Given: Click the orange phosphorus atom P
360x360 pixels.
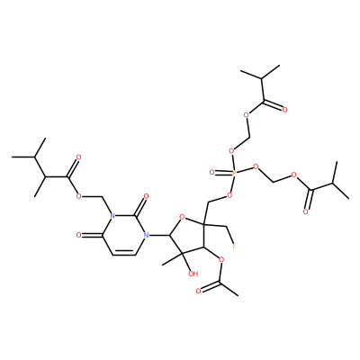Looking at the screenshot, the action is click(234, 173).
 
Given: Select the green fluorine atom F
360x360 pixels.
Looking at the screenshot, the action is click(235, 247).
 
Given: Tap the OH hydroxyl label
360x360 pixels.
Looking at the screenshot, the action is click(193, 274).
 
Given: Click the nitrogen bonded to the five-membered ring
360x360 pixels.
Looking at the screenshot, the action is click(146, 236).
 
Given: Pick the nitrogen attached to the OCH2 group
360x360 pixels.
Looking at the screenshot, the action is click(112, 216).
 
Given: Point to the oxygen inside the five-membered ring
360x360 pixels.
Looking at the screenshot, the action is click(181, 216).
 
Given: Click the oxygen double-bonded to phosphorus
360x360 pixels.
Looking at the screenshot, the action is click(212, 173).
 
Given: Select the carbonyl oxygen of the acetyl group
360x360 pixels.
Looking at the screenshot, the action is click(198, 291).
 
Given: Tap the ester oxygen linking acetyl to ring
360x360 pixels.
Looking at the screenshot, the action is click(221, 259).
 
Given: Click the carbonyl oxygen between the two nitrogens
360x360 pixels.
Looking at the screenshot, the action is click(146, 196).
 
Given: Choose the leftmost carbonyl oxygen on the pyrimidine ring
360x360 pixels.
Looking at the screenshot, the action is click(78, 236).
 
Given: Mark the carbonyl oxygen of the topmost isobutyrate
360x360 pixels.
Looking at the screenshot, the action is click(284, 110).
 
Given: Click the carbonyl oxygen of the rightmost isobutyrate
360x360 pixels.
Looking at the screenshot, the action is click(305, 212).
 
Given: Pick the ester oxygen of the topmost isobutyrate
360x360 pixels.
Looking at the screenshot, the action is click(247, 114).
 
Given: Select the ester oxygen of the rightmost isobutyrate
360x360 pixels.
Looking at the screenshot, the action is click(294, 175).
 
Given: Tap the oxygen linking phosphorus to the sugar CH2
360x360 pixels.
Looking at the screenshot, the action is click(229, 195).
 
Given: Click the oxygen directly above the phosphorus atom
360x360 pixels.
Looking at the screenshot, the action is click(231, 150).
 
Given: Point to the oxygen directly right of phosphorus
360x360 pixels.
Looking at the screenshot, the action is click(256, 166).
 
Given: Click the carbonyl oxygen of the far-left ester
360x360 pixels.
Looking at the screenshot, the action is click(78, 157).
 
